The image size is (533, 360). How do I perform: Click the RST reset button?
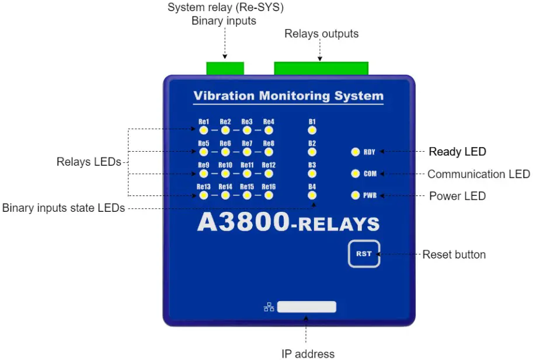[x=364, y=254]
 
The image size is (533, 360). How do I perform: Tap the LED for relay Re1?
[x=204, y=130]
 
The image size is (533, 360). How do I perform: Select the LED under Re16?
[x=269, y=195]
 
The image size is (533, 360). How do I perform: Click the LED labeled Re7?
[x=247, y=152]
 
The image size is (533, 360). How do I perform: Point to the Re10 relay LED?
[x=225, y=173]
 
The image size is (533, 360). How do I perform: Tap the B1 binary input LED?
[x=312, y=130]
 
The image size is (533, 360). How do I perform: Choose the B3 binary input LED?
[x=312, y=173]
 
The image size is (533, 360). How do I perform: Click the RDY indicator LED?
[x=355, y=152]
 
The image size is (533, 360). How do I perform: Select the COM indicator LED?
[x=355, y=174]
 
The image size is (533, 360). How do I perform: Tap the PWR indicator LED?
[x=355, y=195]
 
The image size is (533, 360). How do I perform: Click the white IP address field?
[x=306, y=307]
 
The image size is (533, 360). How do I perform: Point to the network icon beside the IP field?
[x=269, y=307]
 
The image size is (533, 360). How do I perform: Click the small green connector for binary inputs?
[x=225, y=68]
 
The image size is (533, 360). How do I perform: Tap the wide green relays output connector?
[x=321, y=68]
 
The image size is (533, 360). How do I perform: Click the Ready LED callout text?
[x=457, y=152]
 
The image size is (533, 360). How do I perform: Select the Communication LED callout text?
[x=478, y=174]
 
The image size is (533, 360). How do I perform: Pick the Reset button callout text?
[x=454, y=254]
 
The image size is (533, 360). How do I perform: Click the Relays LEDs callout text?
[x=89, y=162]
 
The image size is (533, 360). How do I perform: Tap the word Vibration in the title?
[x=224, y=96]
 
